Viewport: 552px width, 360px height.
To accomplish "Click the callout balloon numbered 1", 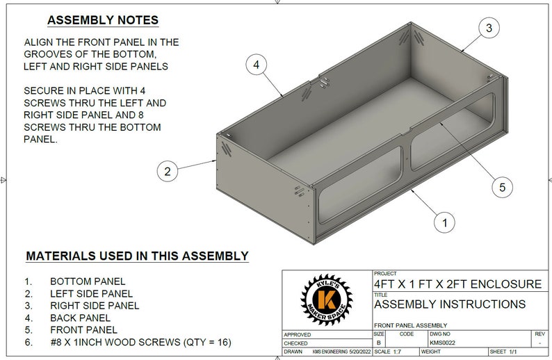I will click(444, 222).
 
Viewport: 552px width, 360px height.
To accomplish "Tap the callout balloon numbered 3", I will click(489, 28).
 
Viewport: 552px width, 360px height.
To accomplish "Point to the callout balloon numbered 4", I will click(257, 65).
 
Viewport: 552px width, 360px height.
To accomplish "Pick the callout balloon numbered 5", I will click(501, 186).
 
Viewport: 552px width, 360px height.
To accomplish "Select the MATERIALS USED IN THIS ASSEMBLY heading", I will click(137, 256).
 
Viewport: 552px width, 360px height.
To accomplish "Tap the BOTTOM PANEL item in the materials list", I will click(88, 281).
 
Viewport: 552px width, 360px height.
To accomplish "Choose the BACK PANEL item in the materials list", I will click(82, 318).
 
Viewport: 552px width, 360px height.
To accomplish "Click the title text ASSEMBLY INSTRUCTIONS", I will click(450, 304).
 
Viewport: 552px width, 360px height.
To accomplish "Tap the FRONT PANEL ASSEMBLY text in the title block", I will click(410, 325).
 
